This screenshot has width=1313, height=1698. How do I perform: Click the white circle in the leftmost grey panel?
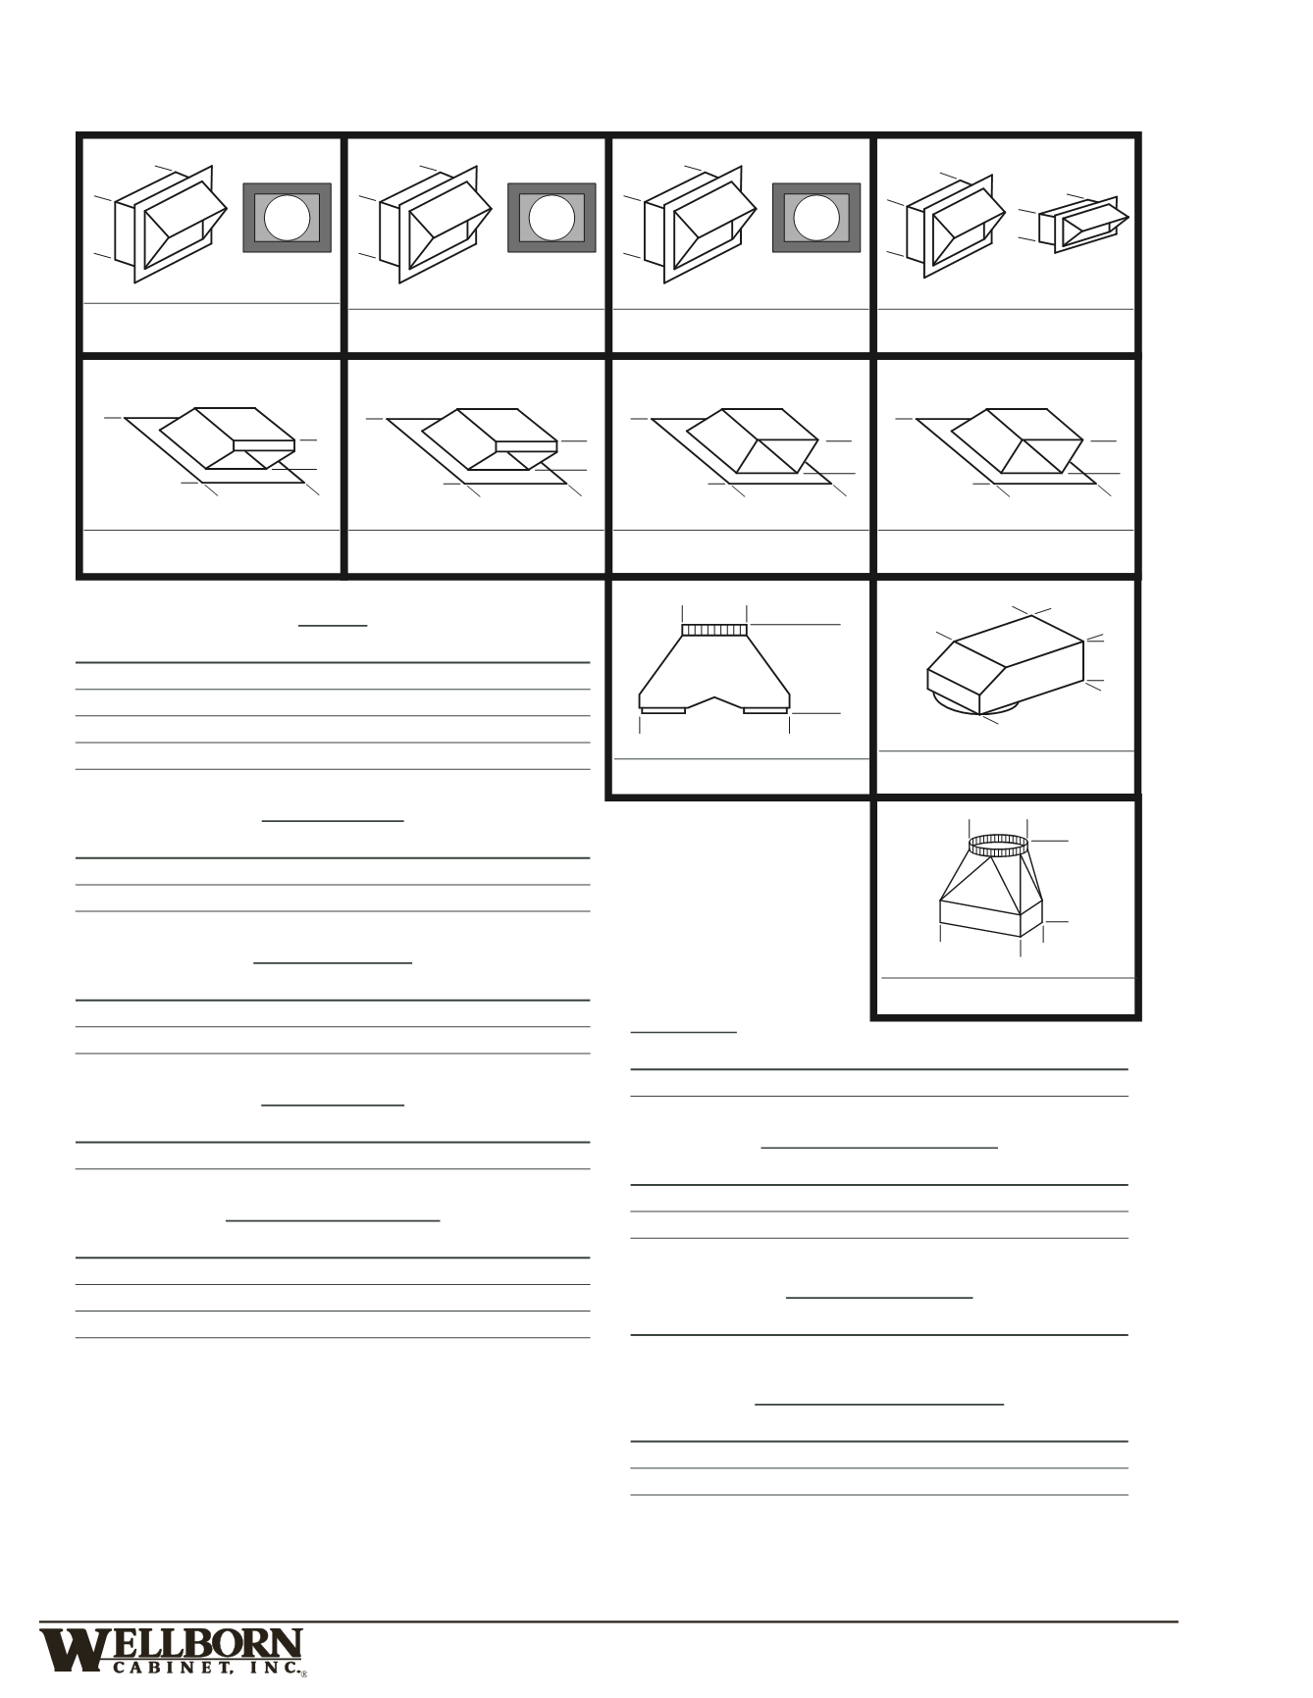[x=287, y=217]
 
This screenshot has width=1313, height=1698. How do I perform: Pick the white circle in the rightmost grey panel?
[x=816, y=217]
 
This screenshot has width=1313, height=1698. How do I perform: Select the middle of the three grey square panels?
[x=551, y=217]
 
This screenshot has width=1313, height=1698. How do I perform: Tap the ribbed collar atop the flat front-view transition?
[x=714, y=630]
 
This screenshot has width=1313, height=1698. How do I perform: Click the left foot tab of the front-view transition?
[x=663, y=710]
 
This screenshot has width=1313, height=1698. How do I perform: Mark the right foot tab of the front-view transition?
[x=765, y=710]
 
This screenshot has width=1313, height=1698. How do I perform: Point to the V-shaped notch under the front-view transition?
[x=714, y=701]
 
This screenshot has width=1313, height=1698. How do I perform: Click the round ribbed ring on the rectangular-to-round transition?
[x=999, y=844]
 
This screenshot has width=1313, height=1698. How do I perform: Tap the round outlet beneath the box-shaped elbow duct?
[x=957, y=704]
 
